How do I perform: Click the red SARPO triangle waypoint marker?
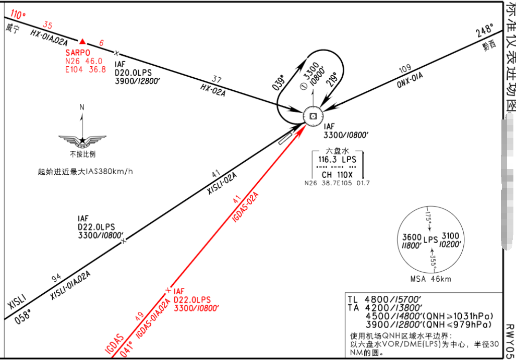pyautogui.click(x=82, y=41)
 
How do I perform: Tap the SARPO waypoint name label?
pyautogui.click(x=78, y=53)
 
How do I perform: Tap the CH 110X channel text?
pyautogui.click(x=337, y=175)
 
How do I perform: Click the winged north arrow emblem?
pyautogui.click(x=82, y=140)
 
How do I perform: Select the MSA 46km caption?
pyautogui.click(x=430, y=279)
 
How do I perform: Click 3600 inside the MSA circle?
pyautogui.click(x=412, y=237)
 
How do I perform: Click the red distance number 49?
pyautogui.click(x=139, y=316)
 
